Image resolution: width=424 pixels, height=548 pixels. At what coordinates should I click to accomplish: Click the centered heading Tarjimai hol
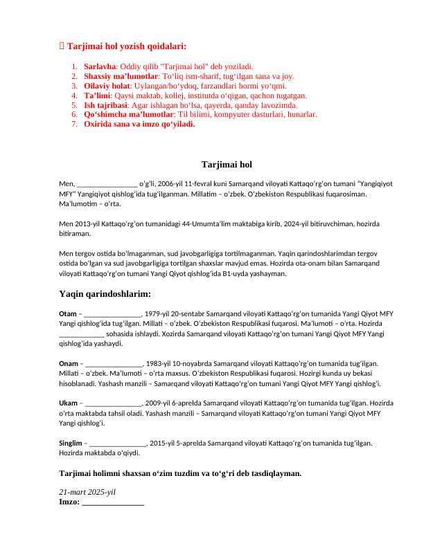(x=227, y=165)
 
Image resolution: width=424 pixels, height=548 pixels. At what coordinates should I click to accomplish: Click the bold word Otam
(x=68, y=314)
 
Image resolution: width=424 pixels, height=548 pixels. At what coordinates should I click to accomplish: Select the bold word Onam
(x=69, y=363)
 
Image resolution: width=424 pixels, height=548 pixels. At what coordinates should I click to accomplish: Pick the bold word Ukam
(x=69, y=403)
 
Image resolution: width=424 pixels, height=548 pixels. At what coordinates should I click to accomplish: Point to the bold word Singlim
(x=71, y=442)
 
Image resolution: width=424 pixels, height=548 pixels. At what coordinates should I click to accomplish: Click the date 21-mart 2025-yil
(x=87, y=491)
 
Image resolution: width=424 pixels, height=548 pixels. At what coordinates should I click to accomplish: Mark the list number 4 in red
(x=74, y=95)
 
